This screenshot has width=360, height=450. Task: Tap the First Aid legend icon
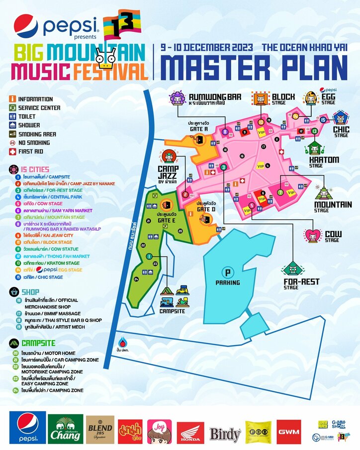12,152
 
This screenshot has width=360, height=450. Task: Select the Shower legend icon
12,125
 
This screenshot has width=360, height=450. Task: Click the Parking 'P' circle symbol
228,273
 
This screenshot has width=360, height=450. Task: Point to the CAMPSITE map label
172,311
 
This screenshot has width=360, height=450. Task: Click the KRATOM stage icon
315,148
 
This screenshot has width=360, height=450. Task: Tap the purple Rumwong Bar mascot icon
177,98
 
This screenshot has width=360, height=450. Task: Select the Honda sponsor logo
190,433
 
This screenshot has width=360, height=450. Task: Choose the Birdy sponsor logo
224,434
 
